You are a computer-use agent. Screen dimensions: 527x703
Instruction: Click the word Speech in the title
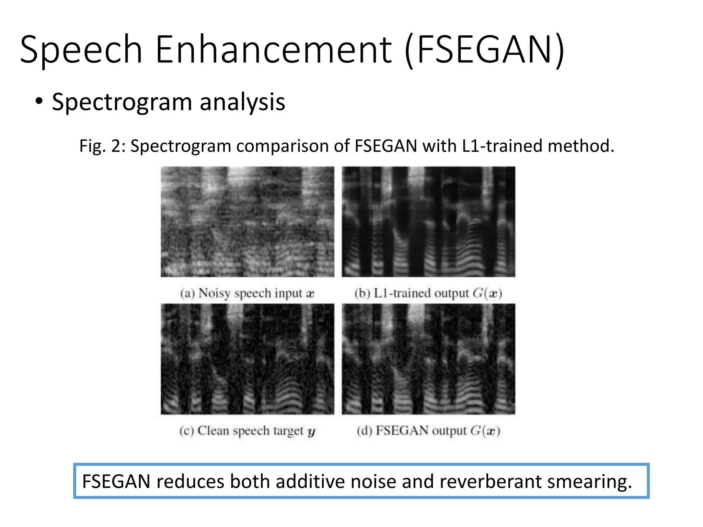81,50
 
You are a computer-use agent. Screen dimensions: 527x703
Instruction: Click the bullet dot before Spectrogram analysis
39,102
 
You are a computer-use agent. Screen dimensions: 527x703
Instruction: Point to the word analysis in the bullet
242,102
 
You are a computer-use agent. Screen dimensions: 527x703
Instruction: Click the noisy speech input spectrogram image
247,222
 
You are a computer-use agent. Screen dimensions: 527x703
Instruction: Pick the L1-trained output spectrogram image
428,222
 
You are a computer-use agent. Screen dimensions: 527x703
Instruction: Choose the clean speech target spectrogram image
247,359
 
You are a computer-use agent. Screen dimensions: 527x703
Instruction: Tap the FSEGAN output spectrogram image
428,359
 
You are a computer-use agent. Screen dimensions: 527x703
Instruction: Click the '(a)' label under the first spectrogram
187,294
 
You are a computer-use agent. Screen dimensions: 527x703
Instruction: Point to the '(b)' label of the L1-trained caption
362,294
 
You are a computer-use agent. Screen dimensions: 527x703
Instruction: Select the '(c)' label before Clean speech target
187,431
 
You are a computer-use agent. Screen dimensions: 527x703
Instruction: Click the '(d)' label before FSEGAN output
365,431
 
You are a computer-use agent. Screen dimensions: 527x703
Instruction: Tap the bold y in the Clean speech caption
311,432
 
